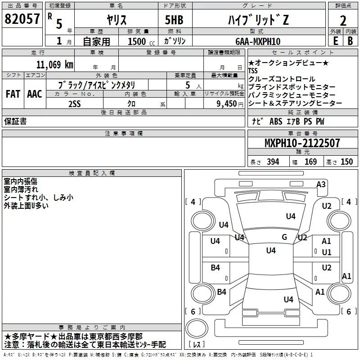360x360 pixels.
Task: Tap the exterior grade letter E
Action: (x=335, y=40)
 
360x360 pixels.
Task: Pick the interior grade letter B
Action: (x=350, y=40)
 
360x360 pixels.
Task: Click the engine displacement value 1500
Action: (x=138, y=41)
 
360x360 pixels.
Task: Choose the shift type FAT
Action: (x=13, y=94)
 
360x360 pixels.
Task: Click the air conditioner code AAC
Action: (x=34, y=94)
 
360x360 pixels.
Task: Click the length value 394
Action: (x=273, y=162)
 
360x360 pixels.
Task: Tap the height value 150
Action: (x=346, y=162)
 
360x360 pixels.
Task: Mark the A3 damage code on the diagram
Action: (x=321, y=184)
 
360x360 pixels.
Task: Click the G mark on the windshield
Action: (x=284, y=237)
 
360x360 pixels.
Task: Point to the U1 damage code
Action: (x=326, y=252)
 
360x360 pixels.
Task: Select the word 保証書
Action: (x=15, y=121)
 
